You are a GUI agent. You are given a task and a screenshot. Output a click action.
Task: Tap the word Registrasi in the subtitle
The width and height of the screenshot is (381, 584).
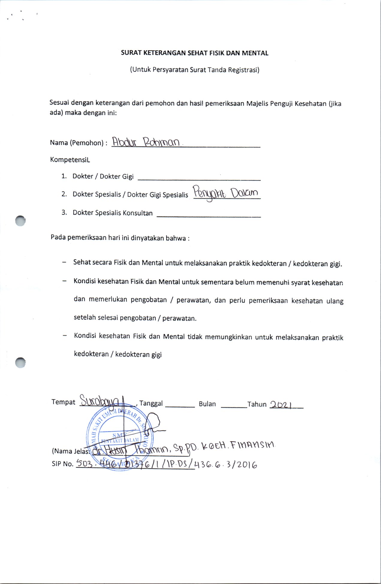[x=243, y=70]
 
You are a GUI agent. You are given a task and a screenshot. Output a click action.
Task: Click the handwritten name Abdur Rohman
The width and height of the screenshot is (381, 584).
[x=146, y=142]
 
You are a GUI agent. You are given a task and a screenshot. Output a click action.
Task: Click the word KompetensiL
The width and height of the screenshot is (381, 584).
[x=70, y=160]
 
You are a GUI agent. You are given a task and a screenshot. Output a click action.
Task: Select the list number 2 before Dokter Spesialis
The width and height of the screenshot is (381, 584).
[x=64, y=194]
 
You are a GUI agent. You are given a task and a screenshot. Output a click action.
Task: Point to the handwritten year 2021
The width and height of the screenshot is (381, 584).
[x=281, y=405]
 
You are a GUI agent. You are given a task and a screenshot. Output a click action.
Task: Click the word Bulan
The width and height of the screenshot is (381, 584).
[x=207, y=404]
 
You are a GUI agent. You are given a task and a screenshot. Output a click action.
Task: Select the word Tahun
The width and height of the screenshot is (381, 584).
[x=257, y=404]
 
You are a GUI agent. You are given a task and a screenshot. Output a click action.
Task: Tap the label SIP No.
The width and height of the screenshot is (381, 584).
[x=62, y=464]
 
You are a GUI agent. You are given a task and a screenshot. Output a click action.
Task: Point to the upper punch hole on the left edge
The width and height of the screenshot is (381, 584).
[x=20, y=221]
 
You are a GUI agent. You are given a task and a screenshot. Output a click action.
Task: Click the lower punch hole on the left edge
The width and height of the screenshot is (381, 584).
[x=20, y=363]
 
